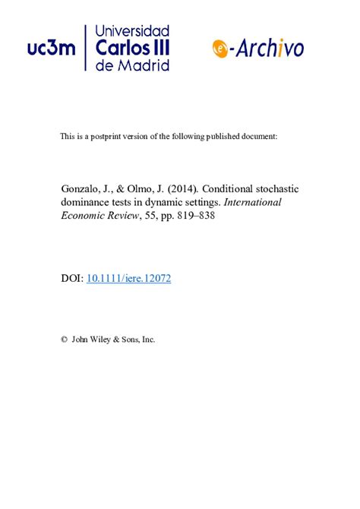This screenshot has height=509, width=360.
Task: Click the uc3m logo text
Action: point(52,49)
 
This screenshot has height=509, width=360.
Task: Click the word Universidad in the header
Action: point(133,31)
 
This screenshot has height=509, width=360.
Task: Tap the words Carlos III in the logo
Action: point(133,48)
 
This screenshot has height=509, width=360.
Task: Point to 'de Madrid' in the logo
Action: point(133,65)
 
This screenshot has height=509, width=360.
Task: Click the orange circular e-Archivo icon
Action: point(221,48)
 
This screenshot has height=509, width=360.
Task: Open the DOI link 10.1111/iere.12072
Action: point(129,279)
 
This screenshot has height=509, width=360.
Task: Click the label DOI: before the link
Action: point(72,279)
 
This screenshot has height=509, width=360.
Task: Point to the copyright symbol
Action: point(64,340)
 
